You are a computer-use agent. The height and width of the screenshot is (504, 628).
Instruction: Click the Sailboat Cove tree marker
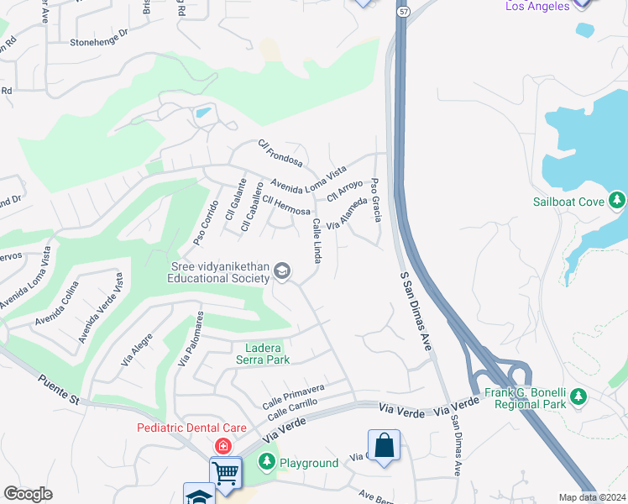pos(617,201)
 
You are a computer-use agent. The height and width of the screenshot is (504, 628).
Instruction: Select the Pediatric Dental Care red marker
pos(223,445)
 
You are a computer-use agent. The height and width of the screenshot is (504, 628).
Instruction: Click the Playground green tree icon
pos(267,462)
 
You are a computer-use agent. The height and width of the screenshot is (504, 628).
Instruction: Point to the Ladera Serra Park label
pos(267,354)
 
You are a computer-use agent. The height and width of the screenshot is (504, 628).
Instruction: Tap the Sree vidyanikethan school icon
pos(282,270)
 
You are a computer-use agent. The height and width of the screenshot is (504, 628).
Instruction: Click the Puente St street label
pos(58,391)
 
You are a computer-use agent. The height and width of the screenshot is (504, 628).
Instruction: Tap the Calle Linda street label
pos(317,240)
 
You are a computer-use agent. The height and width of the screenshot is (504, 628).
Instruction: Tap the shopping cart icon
pos(226,473)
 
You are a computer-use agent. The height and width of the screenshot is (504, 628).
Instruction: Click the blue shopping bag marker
pos(383,446)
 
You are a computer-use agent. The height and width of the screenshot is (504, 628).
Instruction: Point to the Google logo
pos(28,494)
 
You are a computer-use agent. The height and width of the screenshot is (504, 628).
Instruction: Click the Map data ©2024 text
pos(593,497)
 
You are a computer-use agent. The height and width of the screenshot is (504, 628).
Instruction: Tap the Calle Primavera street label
pos(293,394)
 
